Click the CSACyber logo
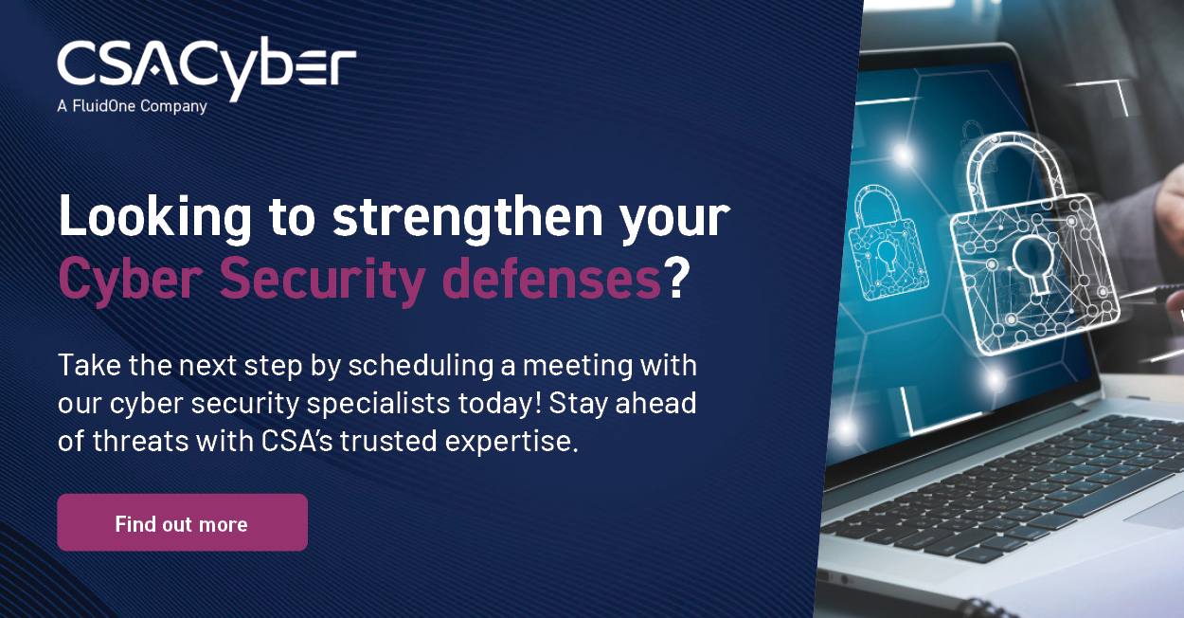click(x=206, y=69)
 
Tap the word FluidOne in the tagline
click(x=103, y=106)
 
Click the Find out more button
click(x=183, y=523)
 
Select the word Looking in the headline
click(x=155, y=217)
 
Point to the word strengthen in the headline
click(x=468, y=217)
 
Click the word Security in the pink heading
click(x=322, y=279)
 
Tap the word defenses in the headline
click(x=551, y=279)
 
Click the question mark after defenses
click(x=676, y=278)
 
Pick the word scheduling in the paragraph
click(x=421, y=366)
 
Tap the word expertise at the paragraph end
click(x=511, y=442)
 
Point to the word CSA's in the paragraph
click(x=297, y=441)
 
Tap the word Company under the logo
click(x=173, y=106)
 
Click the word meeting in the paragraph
click(x=578, y=366)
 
